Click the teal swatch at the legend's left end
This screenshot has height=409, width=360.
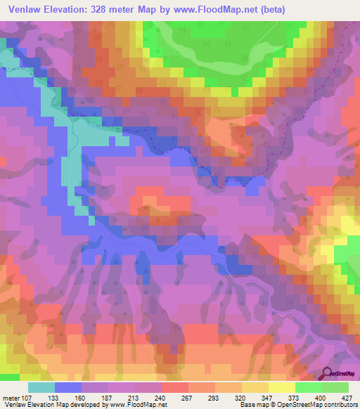click(41, 387)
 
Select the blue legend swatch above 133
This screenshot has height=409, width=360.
click(68, 387)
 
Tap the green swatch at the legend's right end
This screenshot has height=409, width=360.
click(335, 387)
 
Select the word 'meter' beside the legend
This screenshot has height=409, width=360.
click(11, 397)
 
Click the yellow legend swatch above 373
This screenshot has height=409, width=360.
click(282, 387)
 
